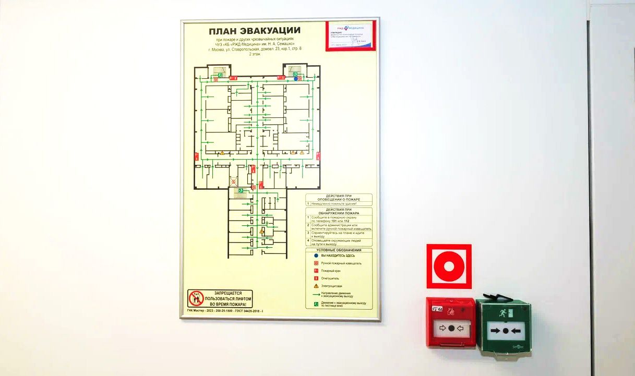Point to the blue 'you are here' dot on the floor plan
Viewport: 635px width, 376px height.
pos(296,79)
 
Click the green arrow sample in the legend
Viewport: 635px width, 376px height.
pos(316,295)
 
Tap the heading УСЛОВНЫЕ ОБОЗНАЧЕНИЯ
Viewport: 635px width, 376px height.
pos(339,250)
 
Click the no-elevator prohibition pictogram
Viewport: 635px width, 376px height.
pos(196,299)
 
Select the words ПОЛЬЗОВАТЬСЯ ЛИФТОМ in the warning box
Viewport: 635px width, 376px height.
pos(227,299)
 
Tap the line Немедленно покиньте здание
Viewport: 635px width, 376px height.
pos(334,203)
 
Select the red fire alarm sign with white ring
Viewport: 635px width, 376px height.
pos(449,266)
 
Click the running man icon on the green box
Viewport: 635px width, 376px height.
pos(501,314)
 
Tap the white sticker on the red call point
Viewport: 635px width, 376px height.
pos(437,308)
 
